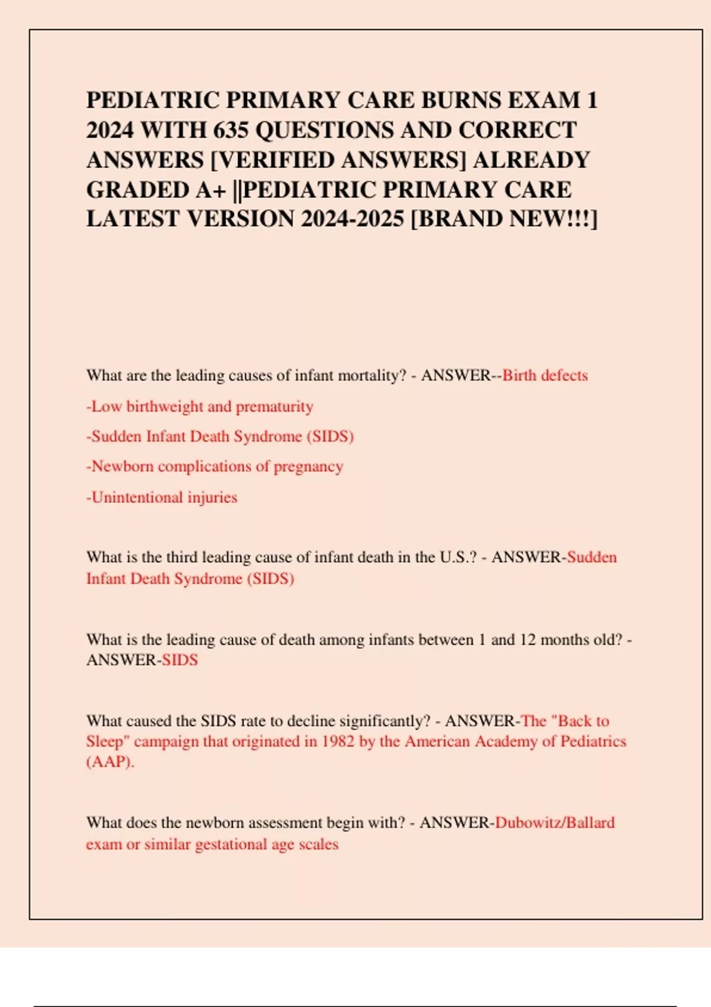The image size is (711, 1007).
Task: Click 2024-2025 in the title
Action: pyautogui.click(x=352, y=219)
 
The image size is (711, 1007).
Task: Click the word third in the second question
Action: pyautogui.click(x=182, y=557)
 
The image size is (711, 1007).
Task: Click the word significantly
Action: pyautogui.click(x=383, y=721)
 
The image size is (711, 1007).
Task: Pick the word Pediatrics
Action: pyautogui.click(x=593, y=742)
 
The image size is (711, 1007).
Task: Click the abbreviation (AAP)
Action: pyautogui.click(x=110, y=762)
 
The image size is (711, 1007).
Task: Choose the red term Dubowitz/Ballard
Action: pyautogui.click(x=555, y=823)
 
